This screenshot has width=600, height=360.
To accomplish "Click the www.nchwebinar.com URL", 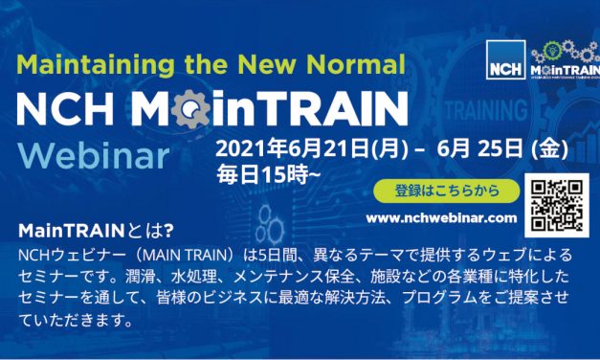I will coord(442,219).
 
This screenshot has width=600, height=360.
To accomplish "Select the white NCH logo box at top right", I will coord(503,60).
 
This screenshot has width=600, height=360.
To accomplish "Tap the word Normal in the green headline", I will coord(361,65).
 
